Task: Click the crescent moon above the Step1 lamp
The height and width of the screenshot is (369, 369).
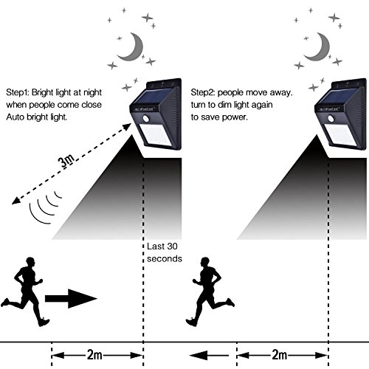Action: (134, 53)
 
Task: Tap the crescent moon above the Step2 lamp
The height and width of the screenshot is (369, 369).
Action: (321, 53)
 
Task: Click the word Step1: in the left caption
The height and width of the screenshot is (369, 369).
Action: (18, 92)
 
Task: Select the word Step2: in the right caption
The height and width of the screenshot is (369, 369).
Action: (203, 92)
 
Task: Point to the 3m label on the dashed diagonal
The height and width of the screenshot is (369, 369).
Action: (66, 161)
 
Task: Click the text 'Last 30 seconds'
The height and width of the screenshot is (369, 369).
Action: (165, 252)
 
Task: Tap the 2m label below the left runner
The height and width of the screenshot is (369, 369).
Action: (94, 355)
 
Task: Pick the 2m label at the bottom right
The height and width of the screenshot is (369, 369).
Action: (280, 355)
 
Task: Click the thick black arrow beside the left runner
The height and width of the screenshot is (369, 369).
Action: (71, 299)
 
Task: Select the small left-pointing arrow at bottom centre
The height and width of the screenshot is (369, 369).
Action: (209, 356)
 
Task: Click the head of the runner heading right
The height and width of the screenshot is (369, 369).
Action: (30, 262)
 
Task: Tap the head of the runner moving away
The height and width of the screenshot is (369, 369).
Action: (204, 262)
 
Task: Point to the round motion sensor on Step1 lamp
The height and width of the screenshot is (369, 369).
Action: (146, 119)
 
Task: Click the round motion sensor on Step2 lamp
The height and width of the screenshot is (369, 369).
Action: (331, 119)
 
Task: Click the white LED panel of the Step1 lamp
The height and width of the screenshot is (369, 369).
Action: (156, 136)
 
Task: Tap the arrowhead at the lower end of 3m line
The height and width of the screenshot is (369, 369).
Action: (15, 201)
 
